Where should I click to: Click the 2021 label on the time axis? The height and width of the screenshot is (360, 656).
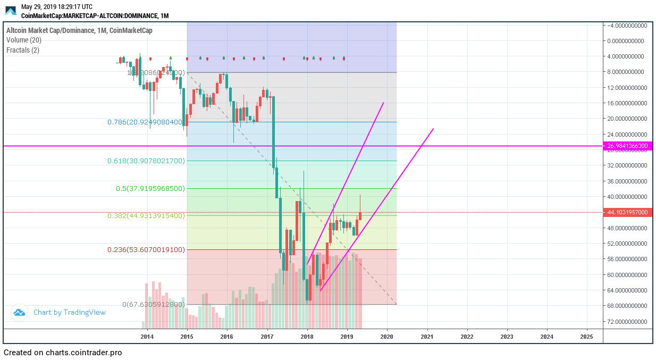point(427,336)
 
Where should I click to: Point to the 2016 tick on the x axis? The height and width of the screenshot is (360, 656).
point(227,336)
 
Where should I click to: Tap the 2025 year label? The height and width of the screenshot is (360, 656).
point(587,336)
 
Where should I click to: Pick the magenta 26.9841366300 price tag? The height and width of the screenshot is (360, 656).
point(627,146)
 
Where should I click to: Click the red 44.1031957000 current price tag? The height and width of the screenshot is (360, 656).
point(627,212)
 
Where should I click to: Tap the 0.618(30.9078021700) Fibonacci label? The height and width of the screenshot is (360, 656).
point(146,161)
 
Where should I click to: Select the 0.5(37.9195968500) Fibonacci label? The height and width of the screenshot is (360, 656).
point(150,188)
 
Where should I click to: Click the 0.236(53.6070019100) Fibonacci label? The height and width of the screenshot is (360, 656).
point(146,249)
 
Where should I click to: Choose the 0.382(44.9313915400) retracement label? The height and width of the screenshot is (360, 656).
point(146,215)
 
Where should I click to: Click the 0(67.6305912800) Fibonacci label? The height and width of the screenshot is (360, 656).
point(154,305)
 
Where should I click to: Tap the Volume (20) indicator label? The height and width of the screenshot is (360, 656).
point(24,40)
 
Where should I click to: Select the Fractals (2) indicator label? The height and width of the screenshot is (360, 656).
point(23,50)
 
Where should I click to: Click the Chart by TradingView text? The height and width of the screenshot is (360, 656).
point(70,312)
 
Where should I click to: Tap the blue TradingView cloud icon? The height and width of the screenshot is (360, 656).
point(20,313)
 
